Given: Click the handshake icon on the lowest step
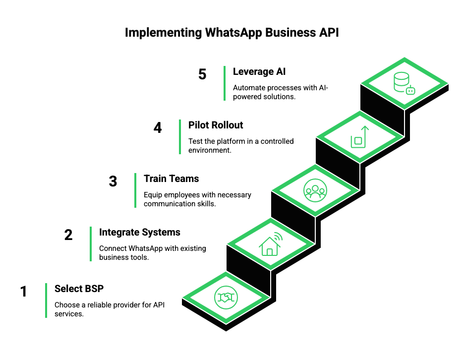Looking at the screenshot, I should coord(226,298).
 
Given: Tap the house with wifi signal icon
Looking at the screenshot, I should coord(270,243).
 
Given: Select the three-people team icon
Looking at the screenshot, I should coord(315,190).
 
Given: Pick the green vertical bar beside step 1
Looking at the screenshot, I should coord(46,300).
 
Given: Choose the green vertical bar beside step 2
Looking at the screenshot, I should coord(91,244).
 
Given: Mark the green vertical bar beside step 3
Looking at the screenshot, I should coord(135,190).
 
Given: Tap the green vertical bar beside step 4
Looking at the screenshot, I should coord(180,137).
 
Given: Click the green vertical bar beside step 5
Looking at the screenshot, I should coord(225,83).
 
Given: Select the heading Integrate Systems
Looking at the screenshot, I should coord(140,232).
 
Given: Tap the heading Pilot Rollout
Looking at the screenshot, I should coord(217,125).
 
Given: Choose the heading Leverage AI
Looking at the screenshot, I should coord(259,71).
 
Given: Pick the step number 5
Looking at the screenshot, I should coord(202,74).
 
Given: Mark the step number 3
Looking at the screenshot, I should coord(113,181).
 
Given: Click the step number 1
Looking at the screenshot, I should coord(24,292).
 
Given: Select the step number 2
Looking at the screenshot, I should coord(68,235).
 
